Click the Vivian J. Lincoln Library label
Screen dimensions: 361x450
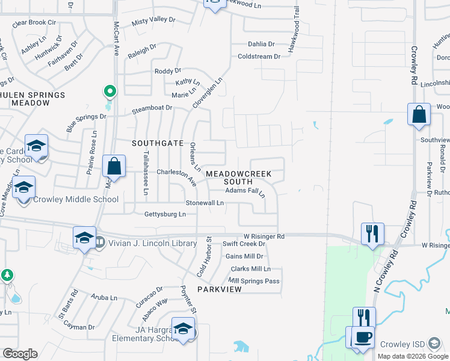click(152, 243)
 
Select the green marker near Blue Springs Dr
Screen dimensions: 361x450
click(109, 92)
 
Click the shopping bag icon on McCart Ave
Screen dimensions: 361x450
click(114, 165)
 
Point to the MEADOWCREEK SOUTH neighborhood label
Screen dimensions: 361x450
click(239, 177)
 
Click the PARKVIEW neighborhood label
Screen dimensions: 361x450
click(218, 289)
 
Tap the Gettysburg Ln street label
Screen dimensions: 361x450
click(165, 214)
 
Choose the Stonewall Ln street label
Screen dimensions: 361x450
click(205, 203)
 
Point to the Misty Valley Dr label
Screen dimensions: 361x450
click(153, 20)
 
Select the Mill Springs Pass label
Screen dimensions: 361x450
click(254, 281)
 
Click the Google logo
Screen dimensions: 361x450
click(20, 354)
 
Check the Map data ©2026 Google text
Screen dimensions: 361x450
click(412, 356)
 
